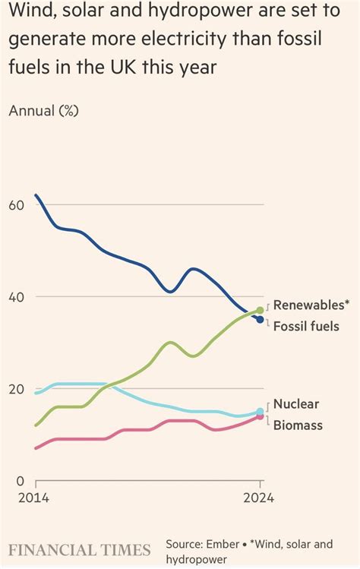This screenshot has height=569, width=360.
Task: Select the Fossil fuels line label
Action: click(x=306, y=327)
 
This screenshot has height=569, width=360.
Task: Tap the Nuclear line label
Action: click(x=296, y=404)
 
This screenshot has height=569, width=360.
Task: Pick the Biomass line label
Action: click(x=298, y=425)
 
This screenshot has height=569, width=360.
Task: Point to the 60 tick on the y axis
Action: click(x=17, y=205)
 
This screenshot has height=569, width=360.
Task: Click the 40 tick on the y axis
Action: click(x=17, y=297)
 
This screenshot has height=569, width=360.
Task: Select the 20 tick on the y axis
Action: click(x=17, y=389)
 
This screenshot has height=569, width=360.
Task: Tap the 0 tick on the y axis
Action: click(x=21, y=481)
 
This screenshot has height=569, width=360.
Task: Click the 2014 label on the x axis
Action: click(x=34, y=499)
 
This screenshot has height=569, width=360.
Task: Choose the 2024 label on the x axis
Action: click(x=260, y=499)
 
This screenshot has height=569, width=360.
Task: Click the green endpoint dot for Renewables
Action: click(x=261, y=310)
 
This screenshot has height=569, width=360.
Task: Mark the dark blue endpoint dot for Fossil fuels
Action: click(x=261, y=320)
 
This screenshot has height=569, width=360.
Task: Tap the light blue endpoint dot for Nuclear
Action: click(x=261, y=412)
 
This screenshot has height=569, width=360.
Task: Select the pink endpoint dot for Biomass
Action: click(x=261, y=417)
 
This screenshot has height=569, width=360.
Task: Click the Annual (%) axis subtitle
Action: click(x=44, y=110)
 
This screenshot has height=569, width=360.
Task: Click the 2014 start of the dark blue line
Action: click(x=36, y=195)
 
